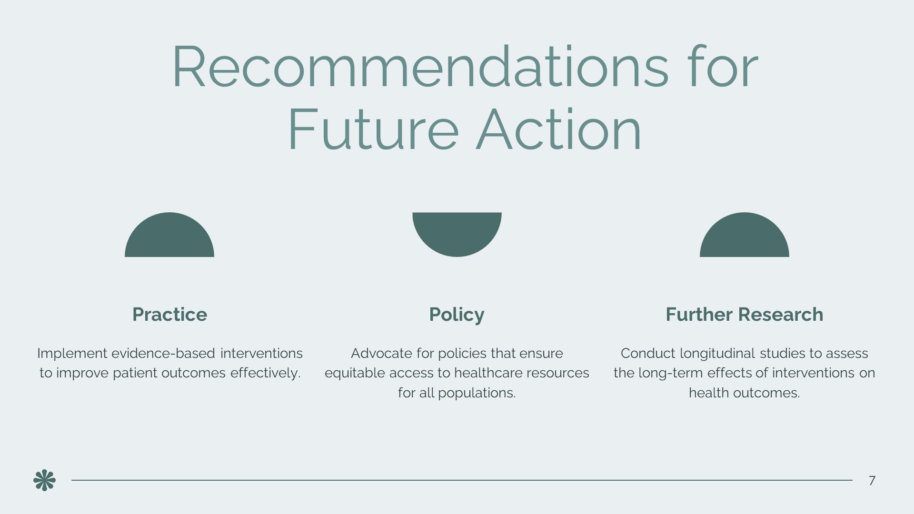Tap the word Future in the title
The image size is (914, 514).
click(x=373, y=129)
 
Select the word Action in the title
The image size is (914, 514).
click(x=559, y=129)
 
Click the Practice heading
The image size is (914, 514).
click(x=169, y=315)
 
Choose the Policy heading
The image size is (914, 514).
click(x=457, y=315)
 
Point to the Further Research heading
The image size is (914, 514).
click(x=744, y=315)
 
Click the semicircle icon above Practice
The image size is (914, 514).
click(x=169, y=236)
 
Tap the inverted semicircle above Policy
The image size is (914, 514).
click(x=457, y=233)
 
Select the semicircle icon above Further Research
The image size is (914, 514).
click(x=745, y=236)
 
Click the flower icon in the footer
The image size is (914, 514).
click(x=45, y=480)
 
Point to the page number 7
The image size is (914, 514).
click(x=872, y=481)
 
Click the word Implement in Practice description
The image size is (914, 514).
click(x=72, y=354)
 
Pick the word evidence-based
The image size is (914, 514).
click(x=163, y=354)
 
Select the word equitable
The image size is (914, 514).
click(x=355, y=373)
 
